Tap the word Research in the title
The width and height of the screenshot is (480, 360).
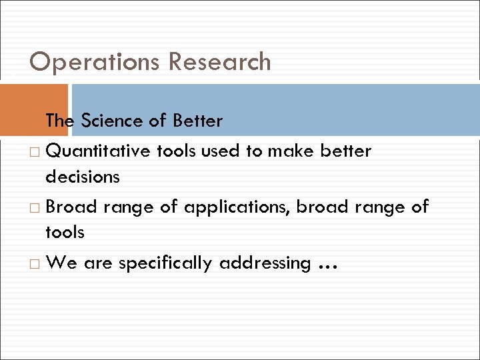click(220, 62)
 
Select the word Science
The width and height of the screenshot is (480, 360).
click(111, 121)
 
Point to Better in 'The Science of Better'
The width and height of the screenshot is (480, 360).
click(197, 121)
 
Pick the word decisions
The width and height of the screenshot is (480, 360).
click(83, 177)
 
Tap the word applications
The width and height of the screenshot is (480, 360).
click(236, 207)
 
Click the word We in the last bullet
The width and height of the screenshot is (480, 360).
click(61, 263)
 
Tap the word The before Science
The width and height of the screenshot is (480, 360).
click(60, 121)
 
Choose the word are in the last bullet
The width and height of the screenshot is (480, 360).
click(98, 263)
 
